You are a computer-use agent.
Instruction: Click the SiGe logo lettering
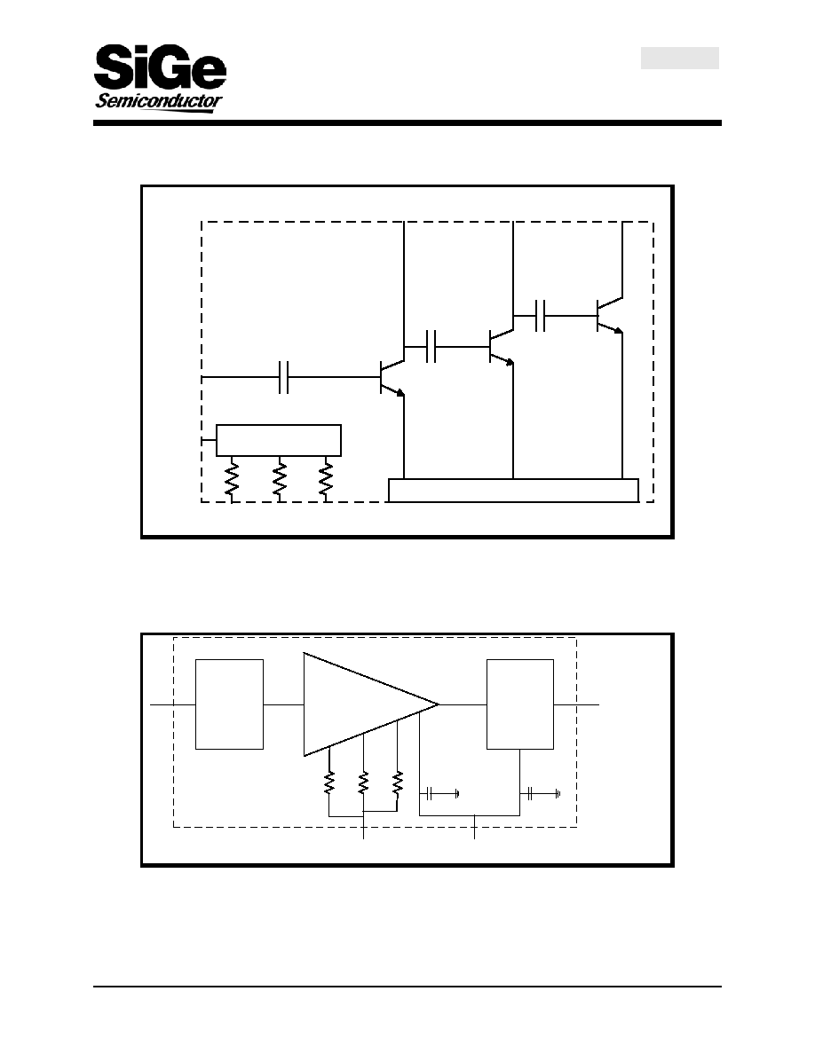(160, 67)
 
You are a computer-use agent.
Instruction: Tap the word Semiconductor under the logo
(159, 101)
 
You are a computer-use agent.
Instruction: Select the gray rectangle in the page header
(680, 58)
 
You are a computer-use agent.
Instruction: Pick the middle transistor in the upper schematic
(501, 347)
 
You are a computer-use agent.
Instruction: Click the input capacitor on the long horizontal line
(284, 377)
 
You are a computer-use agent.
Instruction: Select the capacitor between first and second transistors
(431, 346)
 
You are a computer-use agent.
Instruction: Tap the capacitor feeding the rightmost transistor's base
(540, 315)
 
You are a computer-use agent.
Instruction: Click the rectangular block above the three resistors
(279, 440)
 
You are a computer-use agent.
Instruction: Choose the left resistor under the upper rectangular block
(232, 478)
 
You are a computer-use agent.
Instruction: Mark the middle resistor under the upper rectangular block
(279, 478)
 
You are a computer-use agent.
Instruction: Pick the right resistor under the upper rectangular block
(326, 478)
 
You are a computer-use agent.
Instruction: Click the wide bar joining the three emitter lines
(514, 490)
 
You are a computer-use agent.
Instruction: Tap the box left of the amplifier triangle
(229, 704)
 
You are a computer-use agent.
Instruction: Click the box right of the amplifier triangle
(520, 704)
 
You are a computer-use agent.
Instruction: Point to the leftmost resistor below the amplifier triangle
(328, 783)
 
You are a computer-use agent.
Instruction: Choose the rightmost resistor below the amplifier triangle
(398, 783)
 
